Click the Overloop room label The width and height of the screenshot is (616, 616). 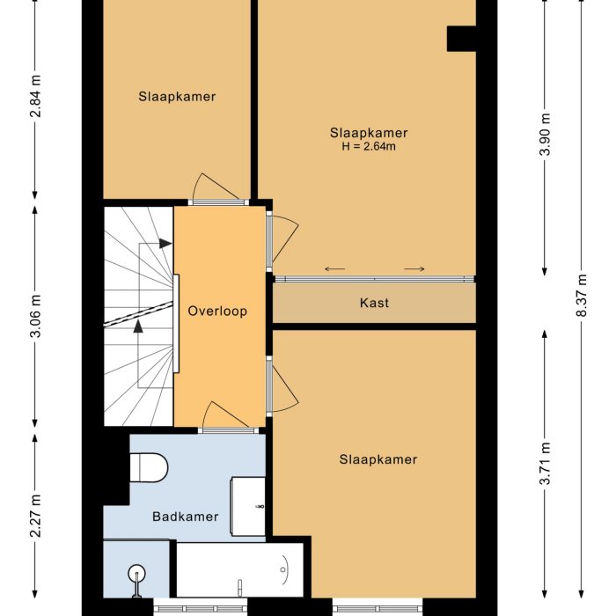point(217,312)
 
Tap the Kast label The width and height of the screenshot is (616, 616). point(374,303)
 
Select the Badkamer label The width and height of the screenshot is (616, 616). point(186,517)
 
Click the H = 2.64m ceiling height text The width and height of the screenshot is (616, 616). point(369,147)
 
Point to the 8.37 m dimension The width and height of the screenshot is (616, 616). point(582,296)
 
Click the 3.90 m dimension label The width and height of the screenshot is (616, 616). point(545,135)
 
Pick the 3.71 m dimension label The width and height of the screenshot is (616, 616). point(545,463)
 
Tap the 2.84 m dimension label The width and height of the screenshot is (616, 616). point(36,95)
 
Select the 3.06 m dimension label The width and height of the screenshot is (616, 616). point(36,316)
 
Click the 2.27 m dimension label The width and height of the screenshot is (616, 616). point(36,516)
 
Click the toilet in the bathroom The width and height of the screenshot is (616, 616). point(149,467)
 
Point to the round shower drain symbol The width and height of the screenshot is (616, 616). point(136,573)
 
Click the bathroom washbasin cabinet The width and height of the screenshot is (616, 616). point(248,506)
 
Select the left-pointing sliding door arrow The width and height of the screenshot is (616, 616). point(334,269)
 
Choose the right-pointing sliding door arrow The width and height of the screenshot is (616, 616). point(414,269)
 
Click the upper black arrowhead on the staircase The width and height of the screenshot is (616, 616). point(165,244)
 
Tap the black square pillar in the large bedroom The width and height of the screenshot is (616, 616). point(462,39)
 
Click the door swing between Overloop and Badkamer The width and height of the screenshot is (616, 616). point(225,414)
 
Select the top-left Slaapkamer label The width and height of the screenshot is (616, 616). point(177,97)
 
